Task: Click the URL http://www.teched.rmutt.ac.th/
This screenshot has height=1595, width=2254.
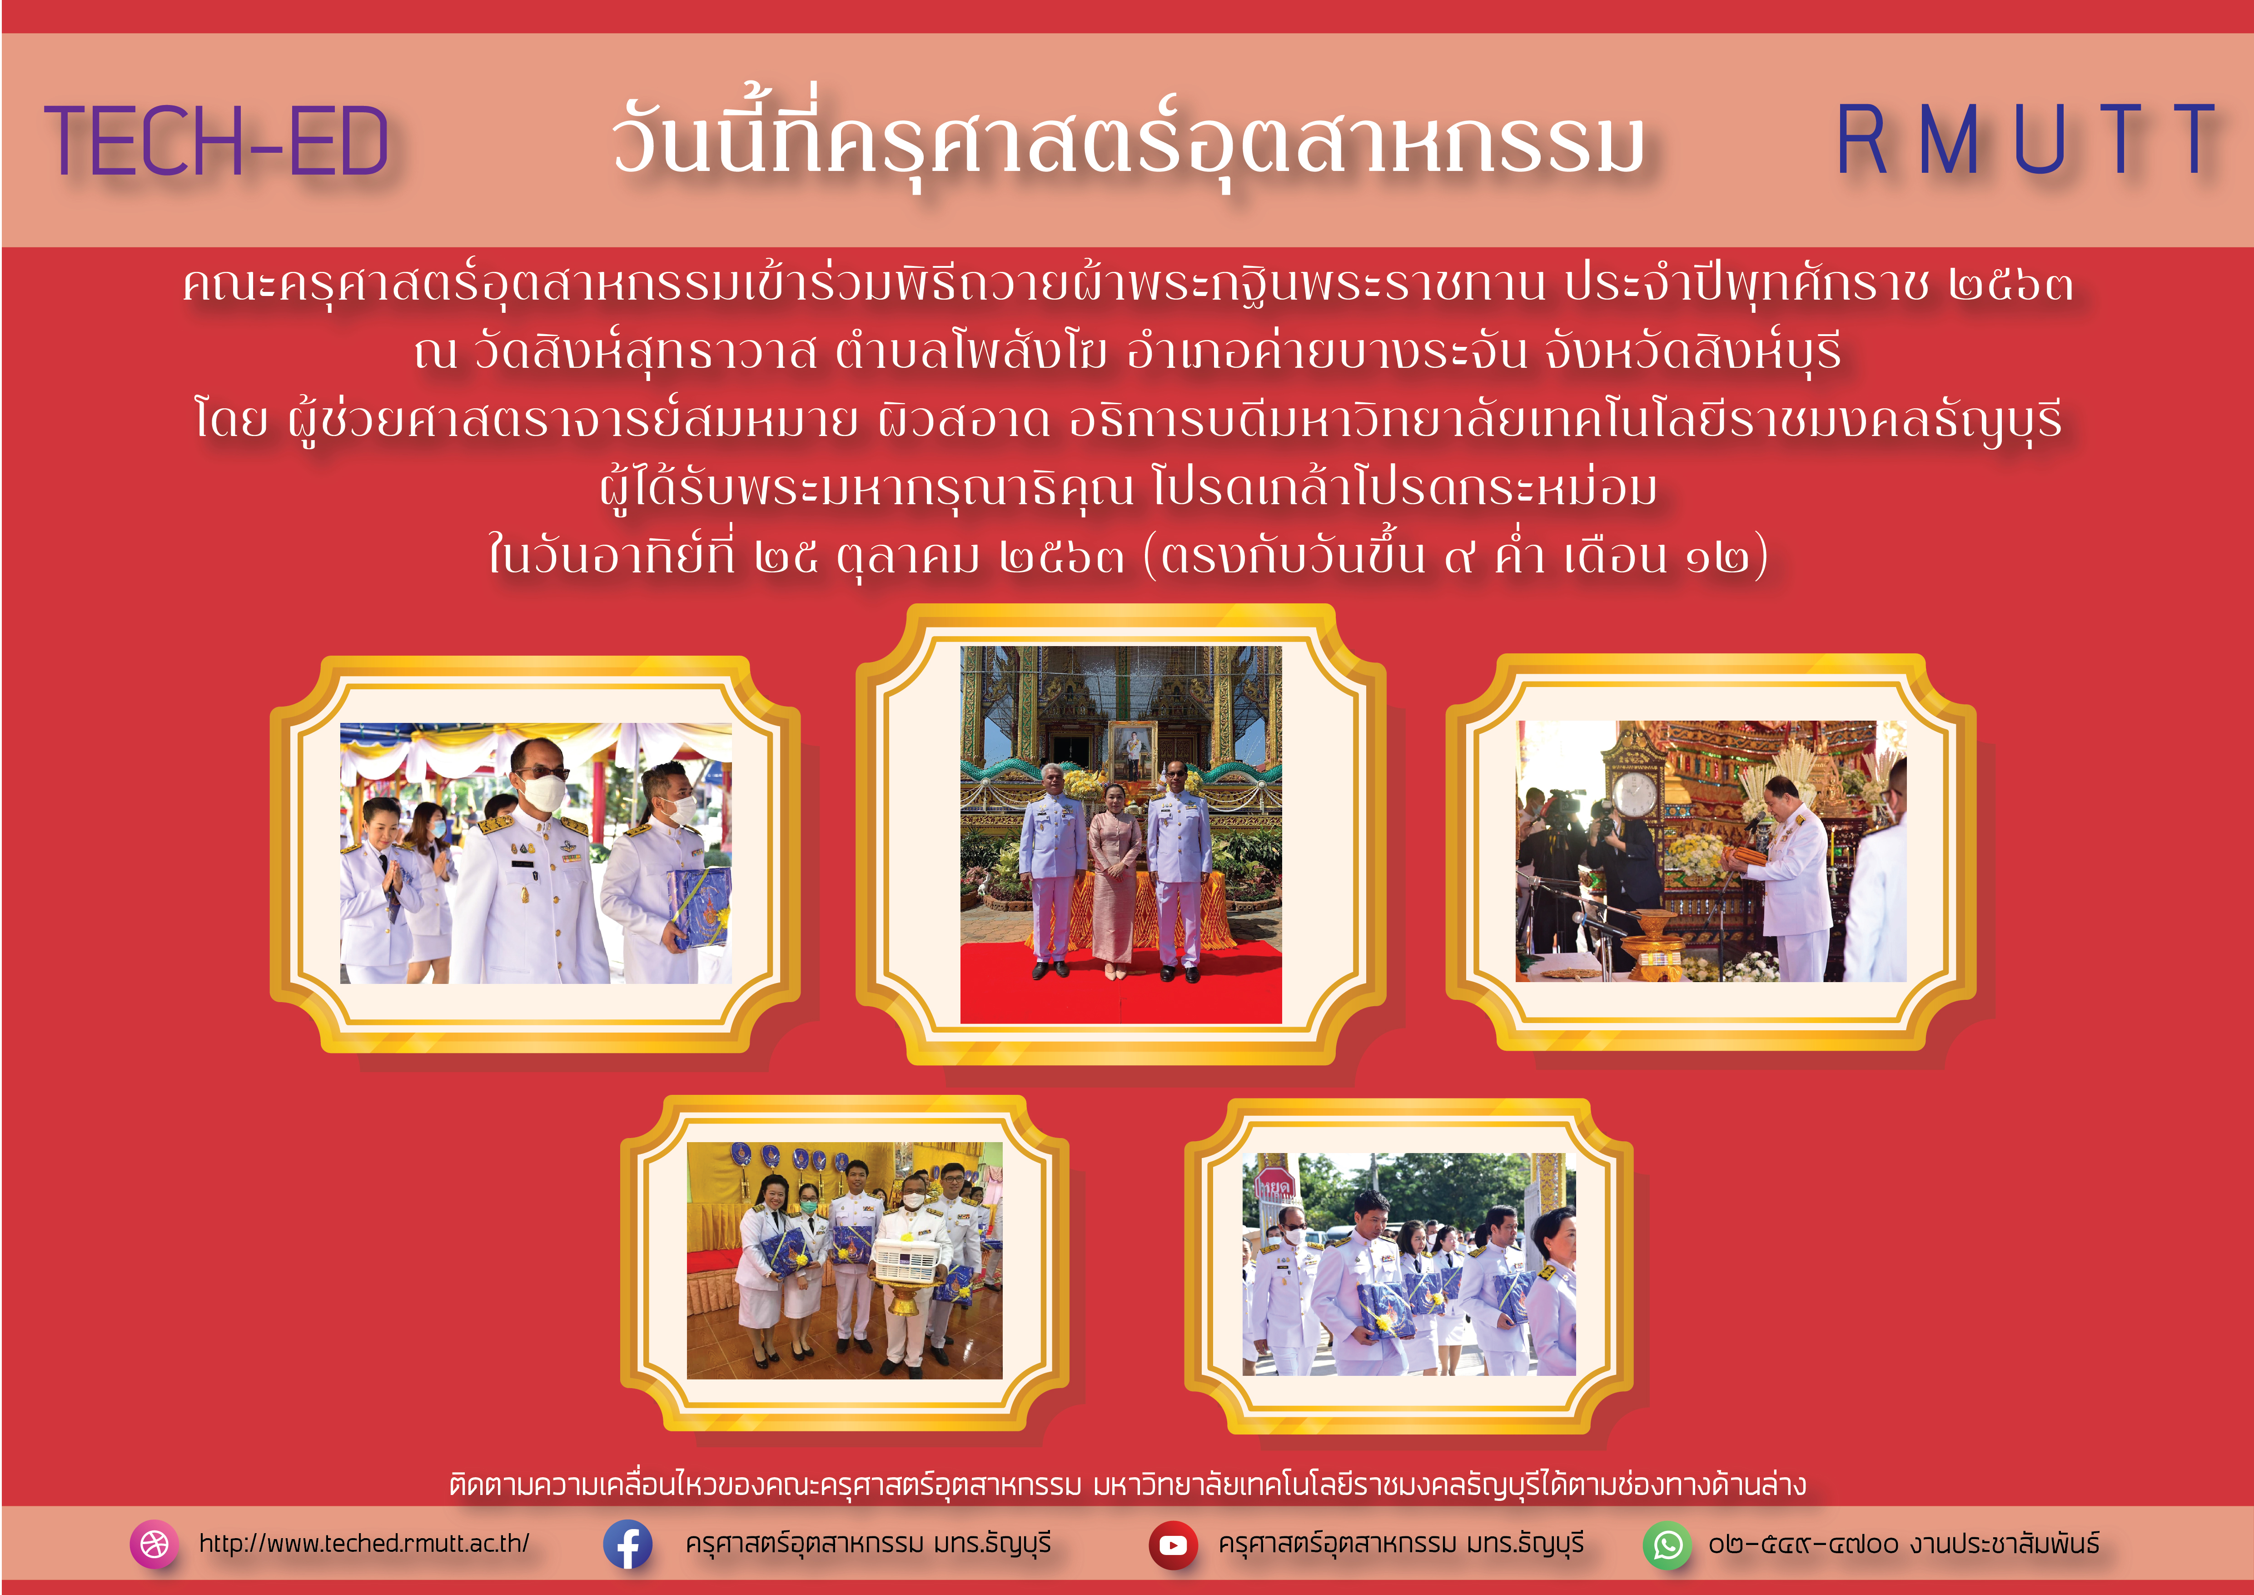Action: [x=364, y=1543]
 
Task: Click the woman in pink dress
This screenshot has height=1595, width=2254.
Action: [x=1114, y=879]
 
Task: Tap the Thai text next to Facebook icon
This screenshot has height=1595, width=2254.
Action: [x=868, y=1544]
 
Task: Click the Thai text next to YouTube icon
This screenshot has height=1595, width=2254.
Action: [x=1401, y=1544]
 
